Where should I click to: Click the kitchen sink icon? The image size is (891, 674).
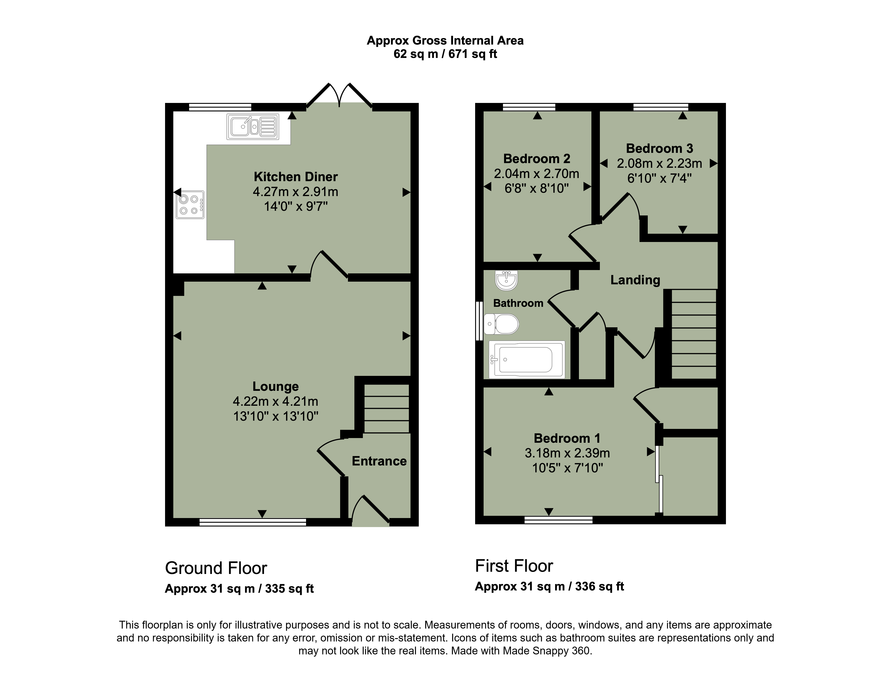pyautogui.click(x=253, y=127)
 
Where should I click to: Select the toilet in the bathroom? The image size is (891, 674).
pyautogui.click(x=501, y=324)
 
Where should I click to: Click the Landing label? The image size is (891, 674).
pyautogui.click(x=635, y=280)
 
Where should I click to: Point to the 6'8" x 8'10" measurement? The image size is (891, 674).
pyautogui.click(x=537, y=188)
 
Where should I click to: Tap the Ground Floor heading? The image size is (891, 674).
pyautogui.click(x=216, y=568)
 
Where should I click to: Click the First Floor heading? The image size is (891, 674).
pyautogui.click(x=514, y=566)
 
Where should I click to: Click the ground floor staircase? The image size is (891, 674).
pyautogui.click(x=386, y=408)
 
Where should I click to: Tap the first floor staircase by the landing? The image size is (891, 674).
pyautogui.click(x=694, y=334)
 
